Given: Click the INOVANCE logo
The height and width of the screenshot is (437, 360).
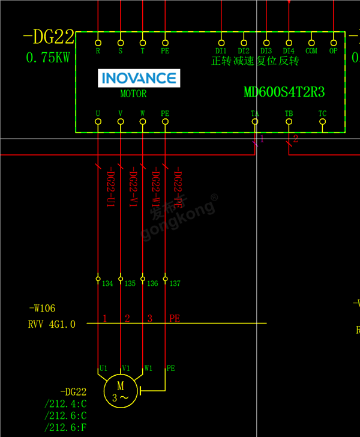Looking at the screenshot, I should pyautogui.click(x=139, y=78).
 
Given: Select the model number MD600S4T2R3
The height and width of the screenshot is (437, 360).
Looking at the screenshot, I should pyautogui.click(x=284, y=92).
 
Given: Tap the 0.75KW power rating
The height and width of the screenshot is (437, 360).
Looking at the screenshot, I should pyautogui.click(x=48, y=58).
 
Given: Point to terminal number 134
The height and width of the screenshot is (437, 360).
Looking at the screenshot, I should pyautogui.click(x=107, y=283).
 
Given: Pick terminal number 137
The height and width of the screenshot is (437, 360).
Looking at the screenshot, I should pyautogui.click(x=175, y=283).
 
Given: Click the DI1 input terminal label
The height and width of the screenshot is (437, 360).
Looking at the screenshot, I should pyautogui.click(x=221, y=51).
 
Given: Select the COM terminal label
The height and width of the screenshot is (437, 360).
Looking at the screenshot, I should pyautogui.click(x=311, y=51).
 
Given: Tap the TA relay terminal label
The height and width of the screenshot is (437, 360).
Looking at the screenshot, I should pyautogui.click(x=255, y=113).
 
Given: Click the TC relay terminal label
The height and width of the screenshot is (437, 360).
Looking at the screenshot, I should pyautogui.click(x=322, y=113).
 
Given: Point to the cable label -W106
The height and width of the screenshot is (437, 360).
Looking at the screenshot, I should pyautogui.click(x=42, y=309).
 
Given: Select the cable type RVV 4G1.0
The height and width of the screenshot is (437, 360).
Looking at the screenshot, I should pyautogui.click(x=52, y=324).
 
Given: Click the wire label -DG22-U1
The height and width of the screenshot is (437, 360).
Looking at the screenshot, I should pyautogui.click(x=110, y=187).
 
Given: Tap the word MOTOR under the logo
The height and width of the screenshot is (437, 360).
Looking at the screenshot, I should pyautogui.click(x=133, y=94).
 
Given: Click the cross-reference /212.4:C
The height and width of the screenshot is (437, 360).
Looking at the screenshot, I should pyautogui.click(x=65, y=403).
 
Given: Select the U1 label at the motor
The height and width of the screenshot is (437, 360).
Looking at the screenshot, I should pyautogui.click(x=103, y=368).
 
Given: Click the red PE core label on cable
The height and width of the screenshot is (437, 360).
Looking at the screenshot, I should pyautogui.click(x=174, y=319).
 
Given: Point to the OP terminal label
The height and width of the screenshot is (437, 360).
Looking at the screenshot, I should pyautogui.click(x=334, y=51).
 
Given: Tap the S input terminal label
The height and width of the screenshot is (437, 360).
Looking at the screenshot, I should pyautogui.click(x=121, y=51).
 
